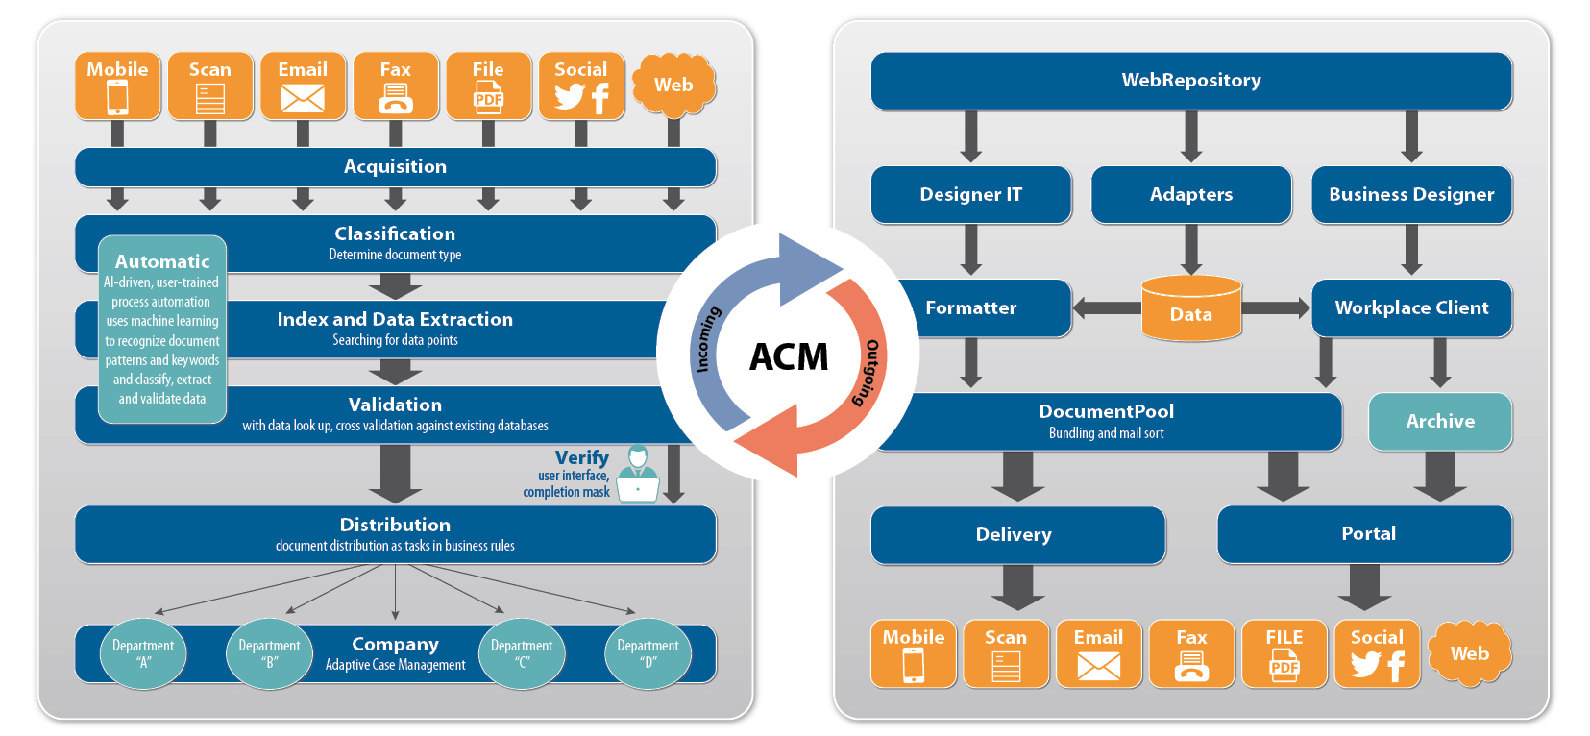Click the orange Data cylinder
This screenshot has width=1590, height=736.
coord(1191,308)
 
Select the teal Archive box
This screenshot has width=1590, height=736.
coord(1439,421)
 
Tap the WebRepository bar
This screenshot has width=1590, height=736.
coord(1191,81)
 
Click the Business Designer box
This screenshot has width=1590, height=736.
coord(1411,194)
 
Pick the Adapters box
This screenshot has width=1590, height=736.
coord(1191,194)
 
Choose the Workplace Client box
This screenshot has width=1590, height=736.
coord(1411,307)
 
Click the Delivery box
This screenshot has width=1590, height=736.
coord(1017,534)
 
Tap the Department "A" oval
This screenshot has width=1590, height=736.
coord(143,653)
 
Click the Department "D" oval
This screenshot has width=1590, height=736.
coord(648,653)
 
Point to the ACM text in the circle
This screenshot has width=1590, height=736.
coord(789,357)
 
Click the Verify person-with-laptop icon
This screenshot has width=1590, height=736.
coord(637,474)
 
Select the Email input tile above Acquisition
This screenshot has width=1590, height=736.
coord(303,86)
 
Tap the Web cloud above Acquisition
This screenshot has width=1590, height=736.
coord(673,86)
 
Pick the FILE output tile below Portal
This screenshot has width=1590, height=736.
coord(1284,653)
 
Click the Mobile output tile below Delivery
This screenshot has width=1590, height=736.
coord(913,653)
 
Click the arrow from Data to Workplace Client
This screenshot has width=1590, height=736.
coord(1276,308)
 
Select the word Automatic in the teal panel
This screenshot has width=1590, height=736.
coord(162,261)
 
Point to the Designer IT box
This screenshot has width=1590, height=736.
coord(970,194)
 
